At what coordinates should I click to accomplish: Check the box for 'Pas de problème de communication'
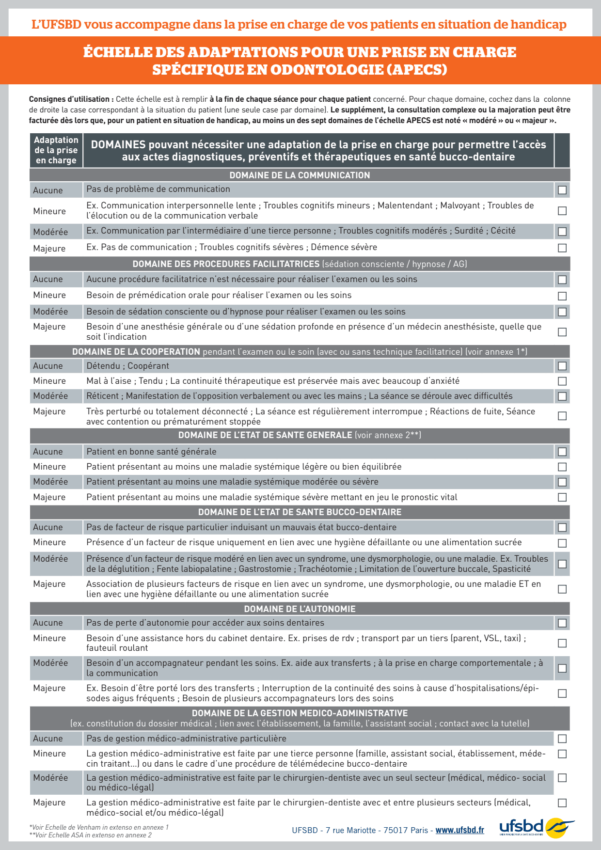[562, 190]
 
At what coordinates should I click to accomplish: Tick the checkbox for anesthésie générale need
[562, 332]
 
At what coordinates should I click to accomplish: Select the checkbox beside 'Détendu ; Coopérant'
[562, 366]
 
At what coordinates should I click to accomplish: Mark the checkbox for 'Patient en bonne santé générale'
[562, 452]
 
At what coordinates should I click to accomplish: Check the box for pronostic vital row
[562, 497]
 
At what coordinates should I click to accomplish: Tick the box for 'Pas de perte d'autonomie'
[562, 623]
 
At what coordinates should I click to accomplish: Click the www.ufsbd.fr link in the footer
[459, 830]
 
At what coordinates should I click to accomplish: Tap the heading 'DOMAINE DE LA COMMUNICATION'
[300, 175]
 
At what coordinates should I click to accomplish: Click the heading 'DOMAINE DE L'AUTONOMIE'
[300, 609]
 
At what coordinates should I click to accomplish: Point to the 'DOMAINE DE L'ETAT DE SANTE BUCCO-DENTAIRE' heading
[300, 512]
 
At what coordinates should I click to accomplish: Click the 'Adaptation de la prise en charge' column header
[56, 150]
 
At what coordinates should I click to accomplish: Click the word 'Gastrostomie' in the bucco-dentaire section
[265, 569]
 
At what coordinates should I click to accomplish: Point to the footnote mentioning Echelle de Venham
[99, 827]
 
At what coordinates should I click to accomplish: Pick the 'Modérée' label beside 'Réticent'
[50, 396]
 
